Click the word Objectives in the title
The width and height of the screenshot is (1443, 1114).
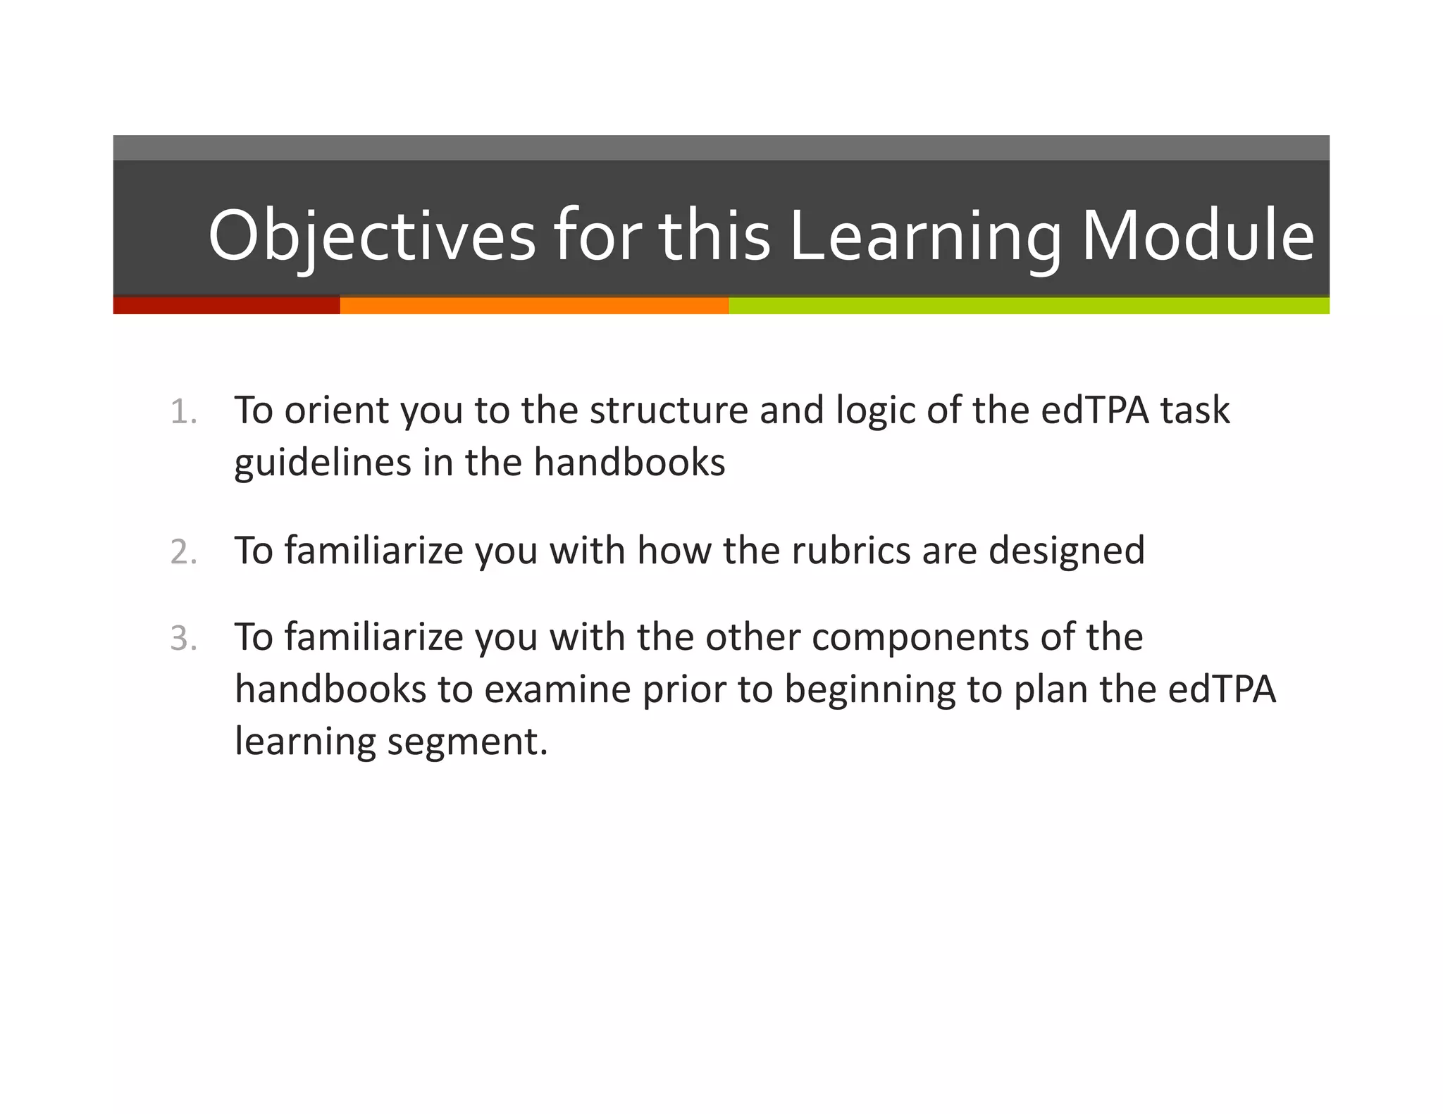click(x=371, y=236)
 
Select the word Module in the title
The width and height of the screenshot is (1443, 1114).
click(x=1197, y=236)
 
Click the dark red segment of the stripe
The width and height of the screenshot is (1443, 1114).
click(x=226, y=306)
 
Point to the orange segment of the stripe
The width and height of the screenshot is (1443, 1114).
click(x=533, y=306)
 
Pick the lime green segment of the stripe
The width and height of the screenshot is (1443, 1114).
click(x=1029, y=306)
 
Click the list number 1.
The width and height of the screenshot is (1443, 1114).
click(x=182, y=412)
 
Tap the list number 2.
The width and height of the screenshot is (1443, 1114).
click(x=182, y=552)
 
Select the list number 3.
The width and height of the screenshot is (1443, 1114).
click(x=182, y=639)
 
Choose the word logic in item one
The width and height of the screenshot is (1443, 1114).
click(x=874, y=411)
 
